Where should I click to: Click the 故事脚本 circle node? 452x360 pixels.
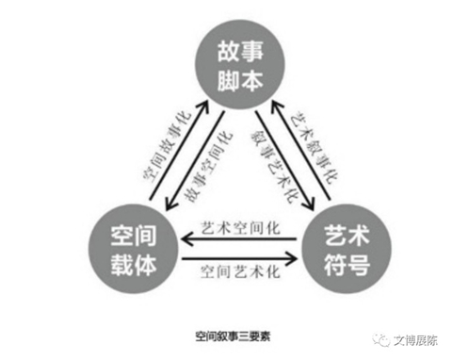click(240, 65)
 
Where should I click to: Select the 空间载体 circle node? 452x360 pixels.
click(134, 249)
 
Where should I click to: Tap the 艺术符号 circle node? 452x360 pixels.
click(347, 249)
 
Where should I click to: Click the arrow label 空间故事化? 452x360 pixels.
click(167, 146)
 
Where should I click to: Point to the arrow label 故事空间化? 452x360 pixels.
click(208, 167)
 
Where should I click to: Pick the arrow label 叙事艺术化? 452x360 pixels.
click(274, 166)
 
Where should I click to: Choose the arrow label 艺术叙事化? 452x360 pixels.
click(314, 147)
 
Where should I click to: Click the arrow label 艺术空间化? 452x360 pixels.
click(240, 228)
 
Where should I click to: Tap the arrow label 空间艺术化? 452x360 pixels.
click(240, 271)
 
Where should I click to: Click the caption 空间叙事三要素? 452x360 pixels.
click(233, 336)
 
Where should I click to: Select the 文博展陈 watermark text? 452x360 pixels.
click(415, 340)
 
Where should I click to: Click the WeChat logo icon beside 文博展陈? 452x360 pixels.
click(380, 340)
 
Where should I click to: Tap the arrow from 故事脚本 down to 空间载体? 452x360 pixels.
click(195, 160)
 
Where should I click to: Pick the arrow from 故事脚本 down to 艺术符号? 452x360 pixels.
click(284, 160)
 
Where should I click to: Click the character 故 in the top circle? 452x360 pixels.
click(229, 50)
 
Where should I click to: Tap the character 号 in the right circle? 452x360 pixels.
click(359, 264)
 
